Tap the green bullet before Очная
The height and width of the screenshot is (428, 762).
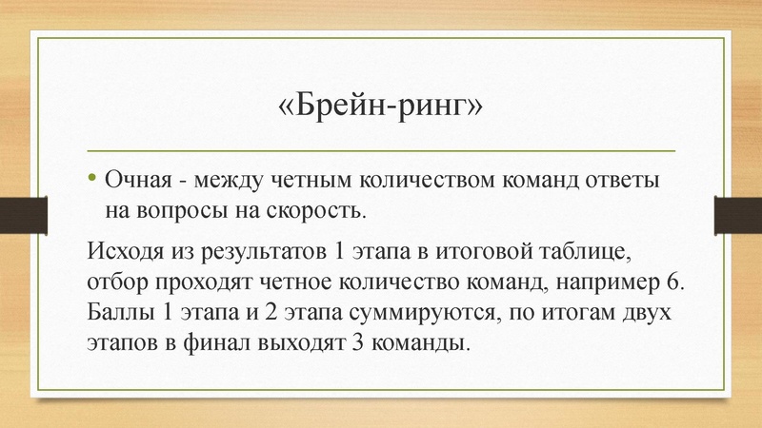click(92, 178)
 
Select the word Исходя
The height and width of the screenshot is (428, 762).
click(121, 252)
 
